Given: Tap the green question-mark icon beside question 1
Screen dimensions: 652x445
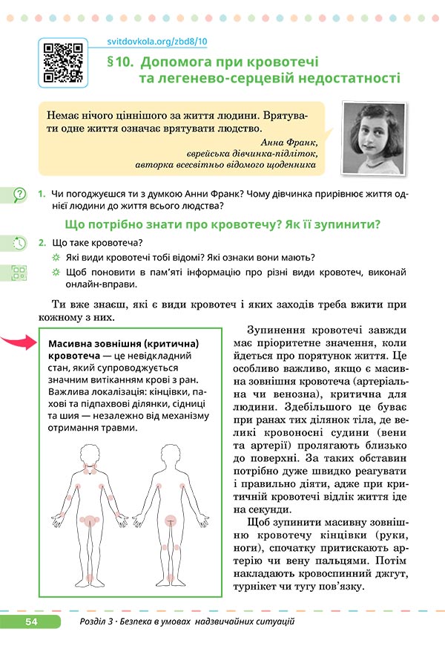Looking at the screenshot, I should pos(20,194).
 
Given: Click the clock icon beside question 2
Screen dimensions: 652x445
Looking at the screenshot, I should pos(20,243).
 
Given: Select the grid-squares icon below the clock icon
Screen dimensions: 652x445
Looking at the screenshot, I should pos(20,273).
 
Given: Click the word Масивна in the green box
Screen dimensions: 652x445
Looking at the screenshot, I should pos(72,345).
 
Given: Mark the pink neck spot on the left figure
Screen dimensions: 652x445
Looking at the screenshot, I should pos(91,469).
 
